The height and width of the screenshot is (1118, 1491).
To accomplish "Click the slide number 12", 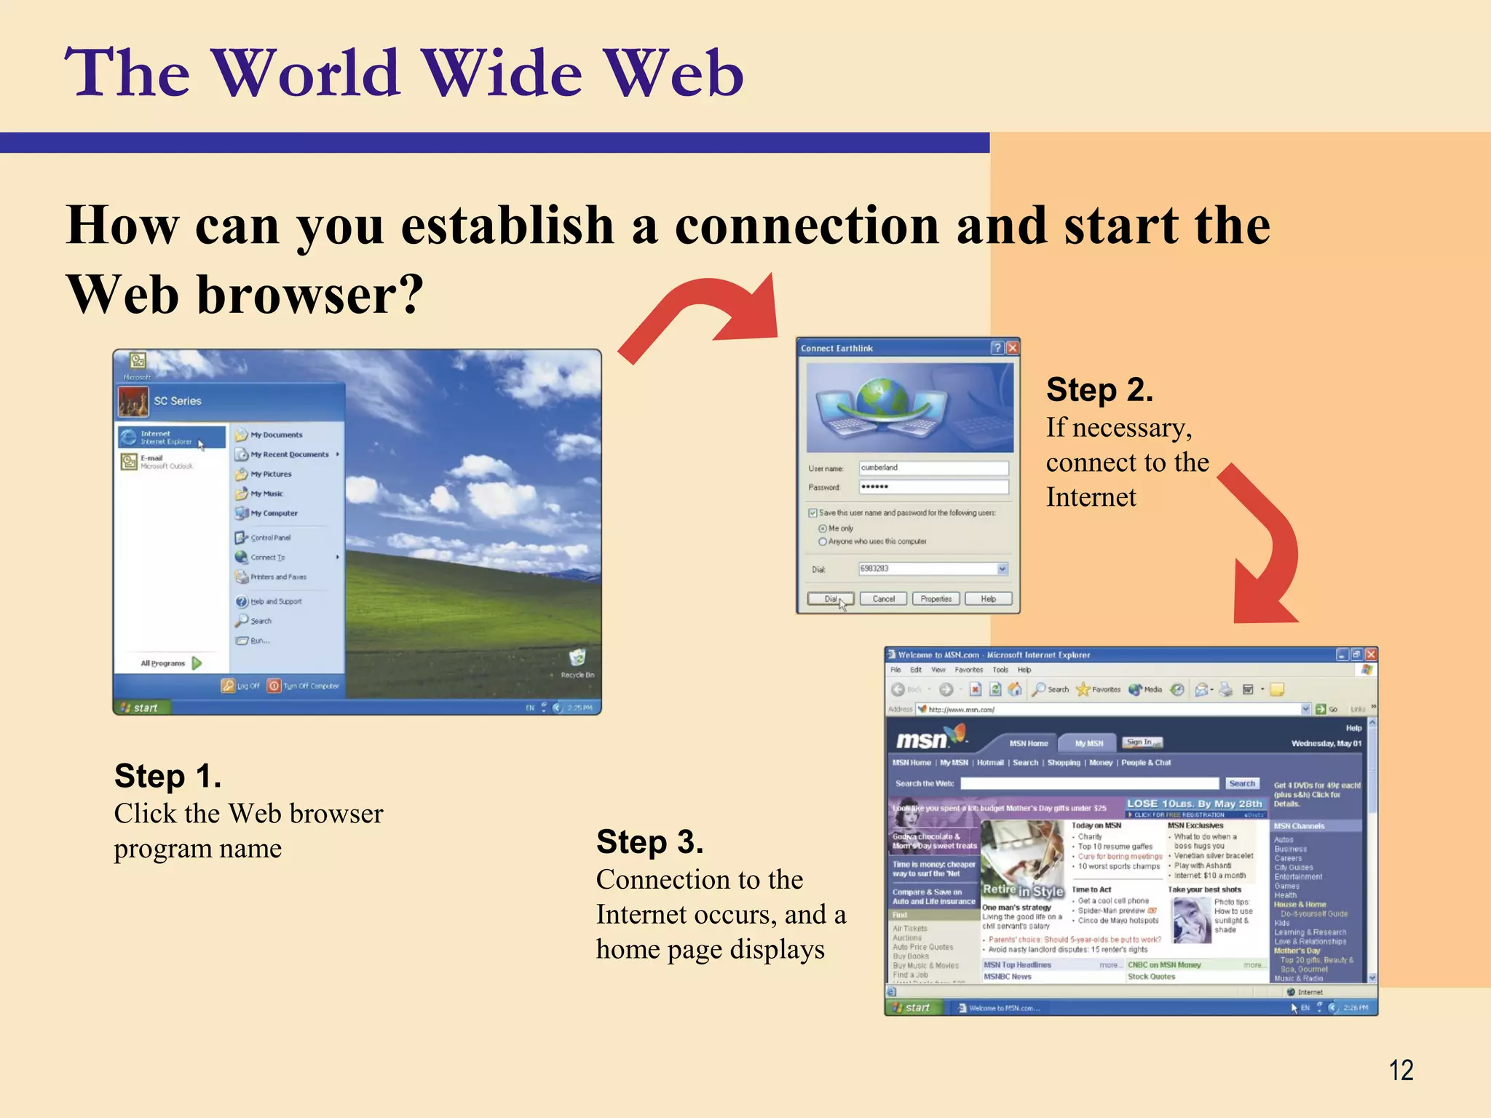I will tap(1401, 1070).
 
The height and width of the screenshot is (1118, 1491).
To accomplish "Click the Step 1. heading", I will tap(167, 776).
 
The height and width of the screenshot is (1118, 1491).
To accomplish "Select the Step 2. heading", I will tap(1099, 390).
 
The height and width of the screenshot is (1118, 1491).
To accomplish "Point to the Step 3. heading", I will tap(649, 842).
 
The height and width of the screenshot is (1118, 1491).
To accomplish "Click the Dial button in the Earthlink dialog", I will tap(830, 599).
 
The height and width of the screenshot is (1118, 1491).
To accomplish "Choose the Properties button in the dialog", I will tap(936, 599).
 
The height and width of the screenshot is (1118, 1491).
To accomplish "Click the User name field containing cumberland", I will tap(933, 468).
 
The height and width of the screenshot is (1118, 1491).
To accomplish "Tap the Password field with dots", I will tap(933, 487).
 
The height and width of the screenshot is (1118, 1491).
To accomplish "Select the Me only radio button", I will tap(823, 528).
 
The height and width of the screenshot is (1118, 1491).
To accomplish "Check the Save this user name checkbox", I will tap(813, 513).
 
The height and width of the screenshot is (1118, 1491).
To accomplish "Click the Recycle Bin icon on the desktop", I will tap(577, 659).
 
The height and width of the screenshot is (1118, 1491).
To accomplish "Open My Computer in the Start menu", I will tap(273, 513).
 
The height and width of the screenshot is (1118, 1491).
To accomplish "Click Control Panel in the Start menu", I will tap(269, 538).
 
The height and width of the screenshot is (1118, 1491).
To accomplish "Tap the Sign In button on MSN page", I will tap(1142, 742).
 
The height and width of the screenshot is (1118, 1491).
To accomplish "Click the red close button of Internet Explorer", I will tap(1371, 654).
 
